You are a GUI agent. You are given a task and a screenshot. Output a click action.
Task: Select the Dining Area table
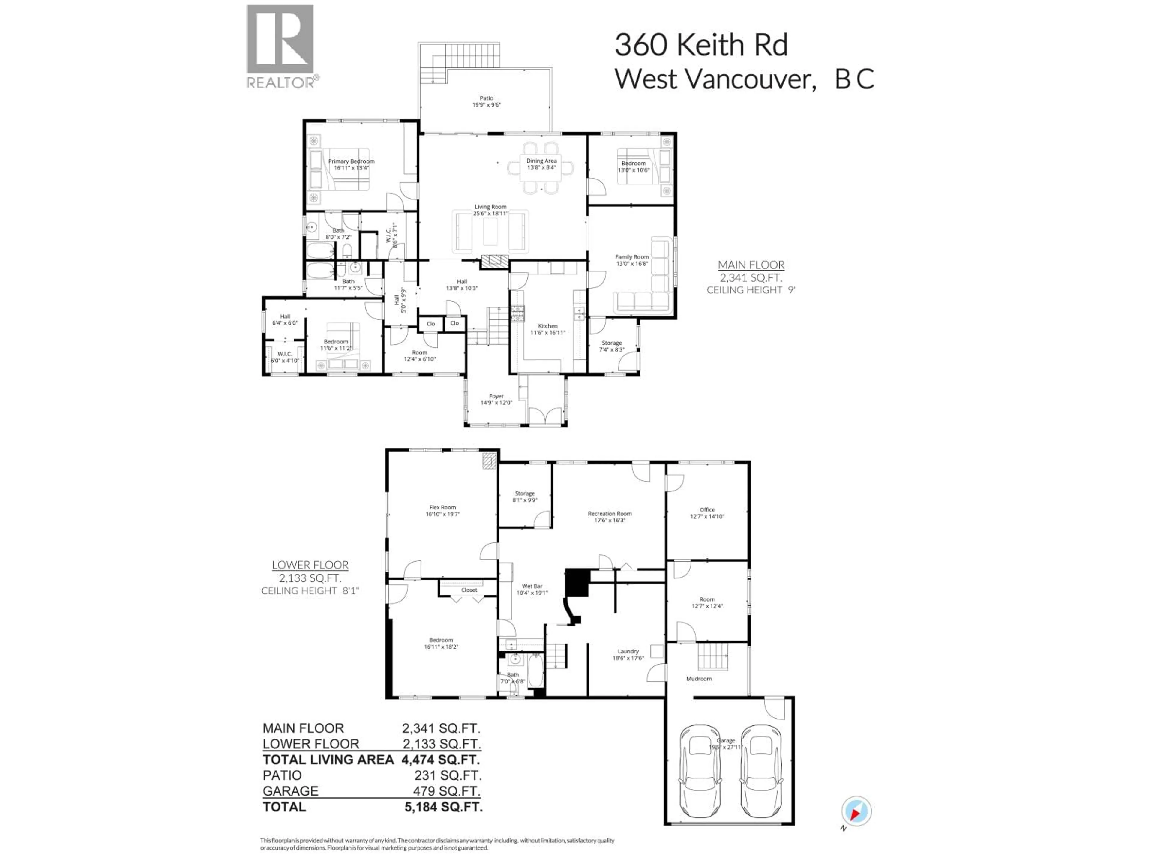pyautogui.click(x=541, y=168)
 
